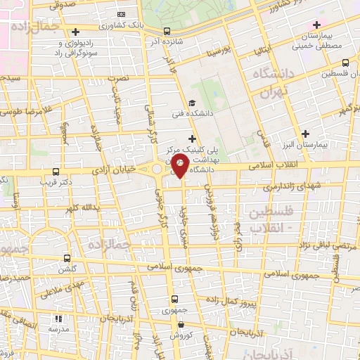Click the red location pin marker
tap(179, 167)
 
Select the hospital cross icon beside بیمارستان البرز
tap(305, 134)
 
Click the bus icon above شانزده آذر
tap(167, 31)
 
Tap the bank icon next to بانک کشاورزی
tap(122, 14)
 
